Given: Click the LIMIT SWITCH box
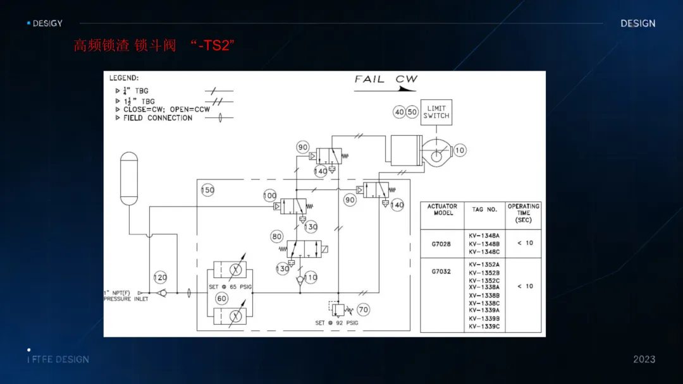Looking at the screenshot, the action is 436,112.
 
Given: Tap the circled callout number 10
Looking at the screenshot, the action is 460,150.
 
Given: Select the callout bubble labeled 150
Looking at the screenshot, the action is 207,190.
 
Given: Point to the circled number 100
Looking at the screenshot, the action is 270,196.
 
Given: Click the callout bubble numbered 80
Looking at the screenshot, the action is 277,237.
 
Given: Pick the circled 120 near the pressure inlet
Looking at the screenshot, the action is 161,278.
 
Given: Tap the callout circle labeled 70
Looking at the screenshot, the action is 363,310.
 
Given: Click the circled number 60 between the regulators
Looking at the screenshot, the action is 222,298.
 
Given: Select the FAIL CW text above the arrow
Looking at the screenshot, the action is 386,80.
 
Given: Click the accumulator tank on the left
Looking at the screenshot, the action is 129,178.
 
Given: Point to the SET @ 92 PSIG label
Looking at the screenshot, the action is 336,323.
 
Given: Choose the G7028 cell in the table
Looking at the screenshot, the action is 441,244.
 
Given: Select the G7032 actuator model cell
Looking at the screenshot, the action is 441,272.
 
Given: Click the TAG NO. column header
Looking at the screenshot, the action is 484,210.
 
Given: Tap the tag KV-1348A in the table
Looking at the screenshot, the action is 484,236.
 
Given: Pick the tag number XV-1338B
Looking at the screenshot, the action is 484,296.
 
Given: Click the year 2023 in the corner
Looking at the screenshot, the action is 644,359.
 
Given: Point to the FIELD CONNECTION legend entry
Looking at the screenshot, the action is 157,118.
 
